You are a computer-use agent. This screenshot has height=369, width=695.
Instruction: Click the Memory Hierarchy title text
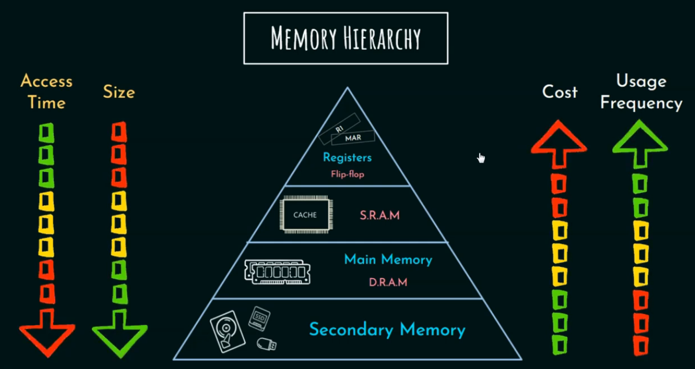(345, 39)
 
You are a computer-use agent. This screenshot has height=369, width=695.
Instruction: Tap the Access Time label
(46, 92)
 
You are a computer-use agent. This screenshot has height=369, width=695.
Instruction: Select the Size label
(119, 92)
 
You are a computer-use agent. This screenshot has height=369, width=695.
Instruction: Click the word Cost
(559, 92)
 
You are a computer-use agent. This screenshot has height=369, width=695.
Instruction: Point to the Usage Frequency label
(641, 92)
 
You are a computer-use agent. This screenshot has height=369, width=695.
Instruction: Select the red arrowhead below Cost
(559, 141)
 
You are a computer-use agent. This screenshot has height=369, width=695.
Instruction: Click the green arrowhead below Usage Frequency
(640, 141)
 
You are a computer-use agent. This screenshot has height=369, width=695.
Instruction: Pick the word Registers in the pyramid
(347, 158)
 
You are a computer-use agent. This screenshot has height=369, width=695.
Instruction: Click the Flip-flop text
(347, 174)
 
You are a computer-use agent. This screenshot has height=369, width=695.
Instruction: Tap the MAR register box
(353, 138)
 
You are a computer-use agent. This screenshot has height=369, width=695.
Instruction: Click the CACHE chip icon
(305, 215)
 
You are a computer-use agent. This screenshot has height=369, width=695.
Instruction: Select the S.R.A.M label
(380, 215)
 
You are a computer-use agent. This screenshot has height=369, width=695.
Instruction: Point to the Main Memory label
(388, 260)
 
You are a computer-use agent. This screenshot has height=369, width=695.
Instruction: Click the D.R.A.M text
(387, 282)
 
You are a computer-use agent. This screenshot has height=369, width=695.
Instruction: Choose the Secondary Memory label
(387, 329)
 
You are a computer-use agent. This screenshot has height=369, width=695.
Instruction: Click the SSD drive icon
(259, 318)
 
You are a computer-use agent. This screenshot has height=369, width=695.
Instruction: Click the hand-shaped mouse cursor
(481, 157)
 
